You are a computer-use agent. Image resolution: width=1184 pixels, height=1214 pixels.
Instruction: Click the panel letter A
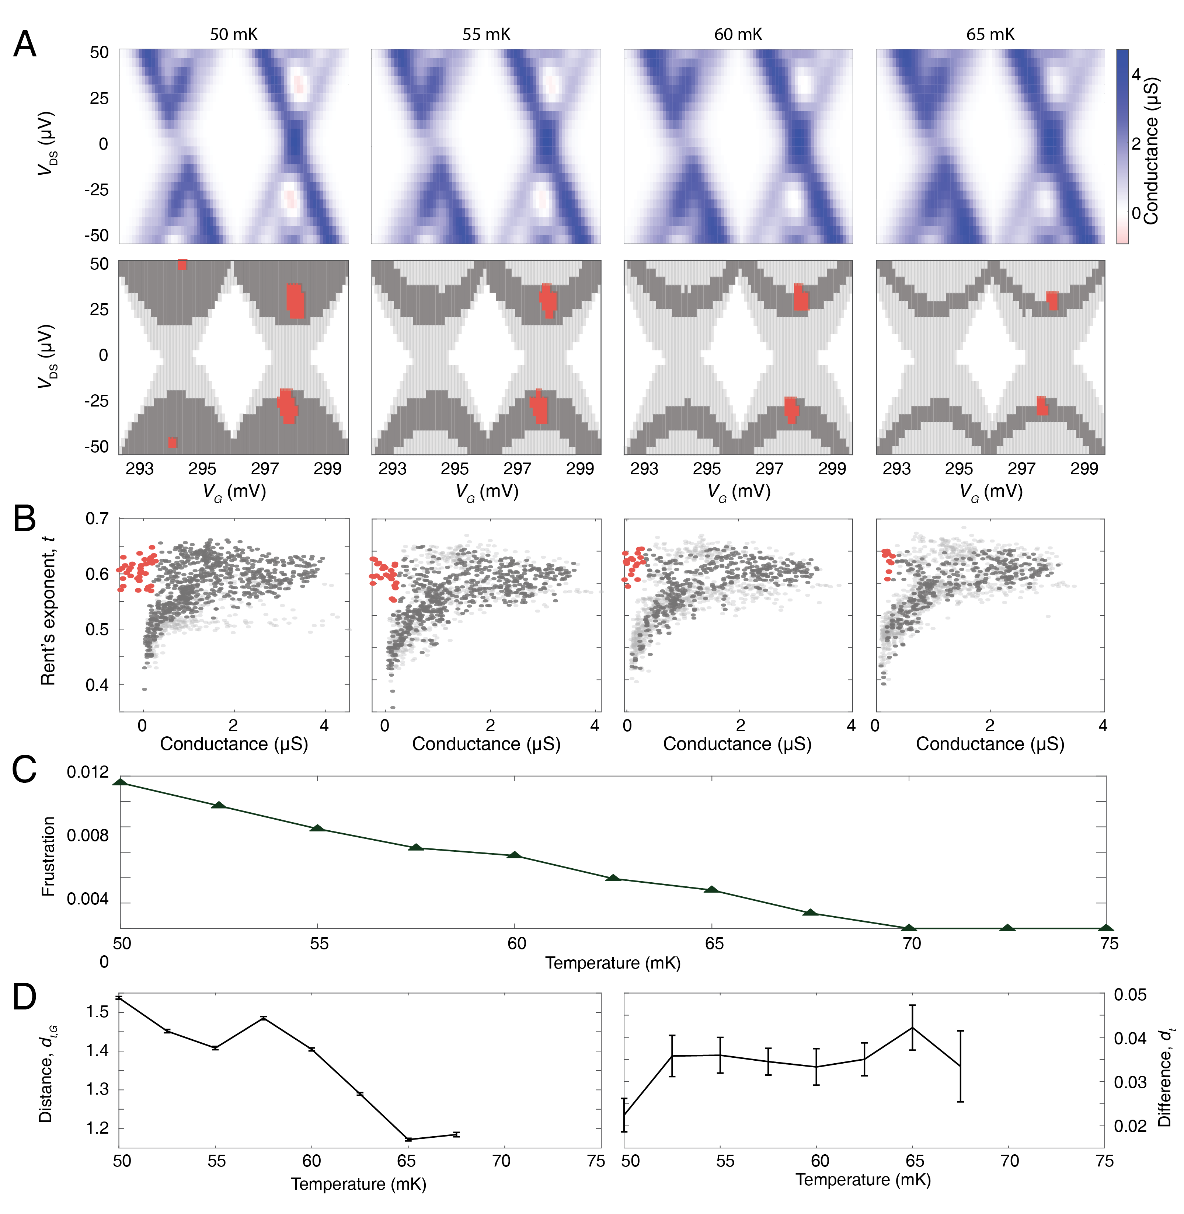24,45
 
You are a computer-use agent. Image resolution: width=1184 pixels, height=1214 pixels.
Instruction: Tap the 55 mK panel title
486,35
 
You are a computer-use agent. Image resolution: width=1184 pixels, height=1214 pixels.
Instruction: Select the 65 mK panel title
990,35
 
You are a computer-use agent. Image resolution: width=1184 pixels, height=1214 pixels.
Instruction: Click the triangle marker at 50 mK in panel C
121,782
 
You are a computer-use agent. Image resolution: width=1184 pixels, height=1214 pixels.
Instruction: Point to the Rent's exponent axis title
48,612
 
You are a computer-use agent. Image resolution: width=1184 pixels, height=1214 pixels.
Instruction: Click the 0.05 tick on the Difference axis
1130,995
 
